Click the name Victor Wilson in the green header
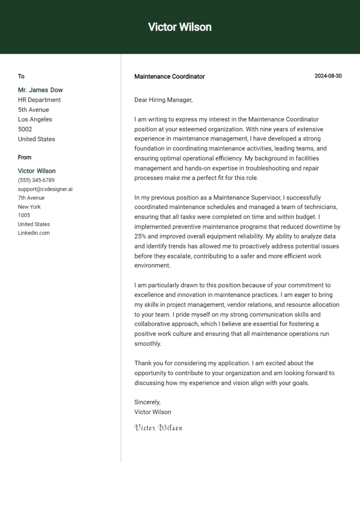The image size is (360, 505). tap(180, 27)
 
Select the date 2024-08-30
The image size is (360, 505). tap(328, 76)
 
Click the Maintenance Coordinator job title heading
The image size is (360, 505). tap(169, 76)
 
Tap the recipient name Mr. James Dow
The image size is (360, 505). tap(40, 90)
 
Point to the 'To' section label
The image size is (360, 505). tap(21, 76)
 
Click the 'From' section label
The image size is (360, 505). tap(25, 157)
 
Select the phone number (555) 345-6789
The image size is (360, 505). tap(36, 180)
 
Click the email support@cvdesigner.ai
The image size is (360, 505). tap(45, 189)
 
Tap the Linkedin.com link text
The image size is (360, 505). tap(34, 233)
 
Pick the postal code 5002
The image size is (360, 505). tap(25, 129)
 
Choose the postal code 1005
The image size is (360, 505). tap(24, 215)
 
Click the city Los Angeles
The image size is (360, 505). tap(35, 119)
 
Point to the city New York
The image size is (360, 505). tap(29, 207)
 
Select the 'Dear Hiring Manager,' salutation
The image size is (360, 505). tap(163, 100)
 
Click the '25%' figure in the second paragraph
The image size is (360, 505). tap(141, 236)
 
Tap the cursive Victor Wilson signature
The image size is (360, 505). tap(158, 427)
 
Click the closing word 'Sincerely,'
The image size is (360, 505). tap(147, 402)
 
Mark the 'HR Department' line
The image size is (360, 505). tap(39, 100)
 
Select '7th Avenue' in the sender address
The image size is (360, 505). tap(31, 198)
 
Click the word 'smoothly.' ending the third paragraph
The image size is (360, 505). tap(148, 343)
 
